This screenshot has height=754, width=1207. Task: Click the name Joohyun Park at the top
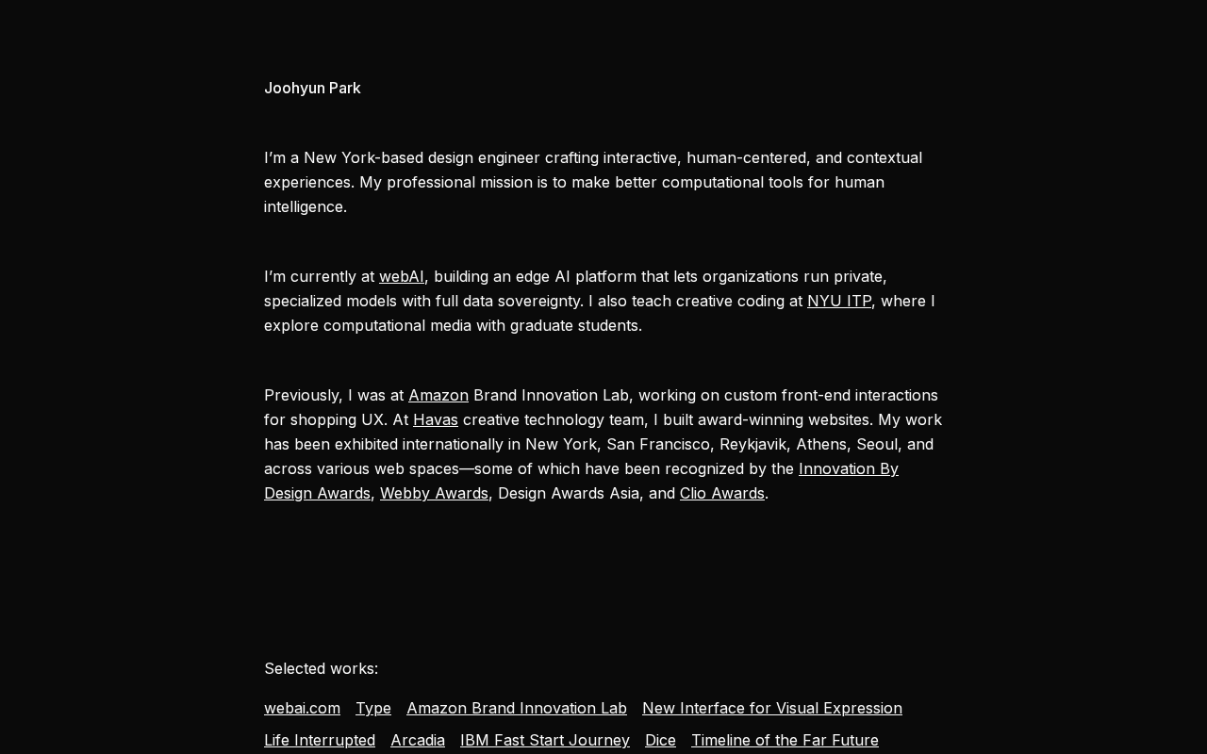(312, 88)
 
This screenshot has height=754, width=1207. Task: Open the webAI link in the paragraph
(402, 276)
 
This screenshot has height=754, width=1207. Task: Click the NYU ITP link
(839, 301)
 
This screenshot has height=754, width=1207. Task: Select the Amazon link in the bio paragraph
(438, 395)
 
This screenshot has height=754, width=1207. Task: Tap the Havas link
(436, 419)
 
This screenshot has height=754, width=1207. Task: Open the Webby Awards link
(434, 493)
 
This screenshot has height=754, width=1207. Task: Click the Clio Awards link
(722, 493)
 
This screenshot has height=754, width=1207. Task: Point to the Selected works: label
(321, 668)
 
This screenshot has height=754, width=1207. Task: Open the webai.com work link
(302, 708)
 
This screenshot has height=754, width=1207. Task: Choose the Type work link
(373, 708)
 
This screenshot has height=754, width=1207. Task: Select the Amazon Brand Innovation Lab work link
(517, 708)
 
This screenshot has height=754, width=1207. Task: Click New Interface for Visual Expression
(772, 708)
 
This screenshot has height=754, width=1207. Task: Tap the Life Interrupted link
(320, 740)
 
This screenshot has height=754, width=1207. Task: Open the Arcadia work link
(418, 740)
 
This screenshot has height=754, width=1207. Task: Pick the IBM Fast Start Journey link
(545, 740)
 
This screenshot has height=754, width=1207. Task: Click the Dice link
(660, 740)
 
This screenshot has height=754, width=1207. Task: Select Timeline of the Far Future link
(785, 740)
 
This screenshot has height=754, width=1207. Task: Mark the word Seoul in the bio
(877, 444)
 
